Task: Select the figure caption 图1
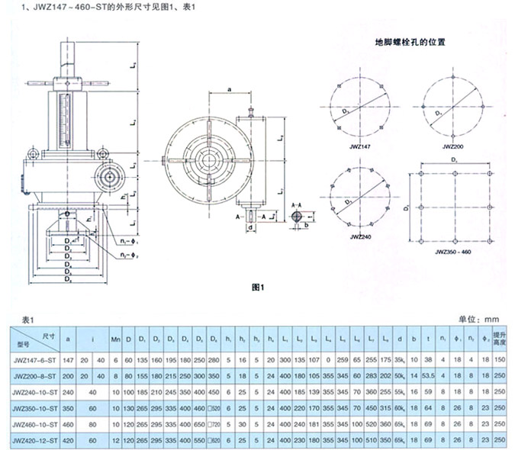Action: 257,288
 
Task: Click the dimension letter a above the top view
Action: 230,90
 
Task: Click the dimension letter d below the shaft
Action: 250,227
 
